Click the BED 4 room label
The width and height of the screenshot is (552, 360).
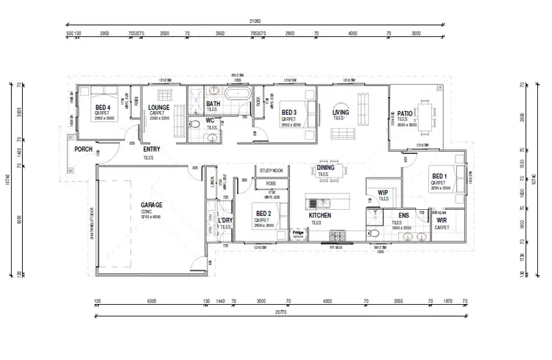pyautogui.click(x=102, y=107)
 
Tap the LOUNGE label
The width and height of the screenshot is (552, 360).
pyautogui.click(x=158, y=107)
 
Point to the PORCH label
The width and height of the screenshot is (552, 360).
pyautogui.click(x=82, y=149)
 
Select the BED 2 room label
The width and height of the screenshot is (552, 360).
pyautogui.click(x=263, y=213)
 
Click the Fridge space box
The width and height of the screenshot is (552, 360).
pyautogui.click(x=298, y=233)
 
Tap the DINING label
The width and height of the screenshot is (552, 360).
pyautogui.click(x=326, y=167)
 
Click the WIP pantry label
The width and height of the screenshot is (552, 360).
pyautogui.click(x=383, y=192)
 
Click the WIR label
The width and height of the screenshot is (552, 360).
pyautogui.click(x=442, y=221)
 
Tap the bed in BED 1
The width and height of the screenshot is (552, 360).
pyautogui.click(x=453, y=179)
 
